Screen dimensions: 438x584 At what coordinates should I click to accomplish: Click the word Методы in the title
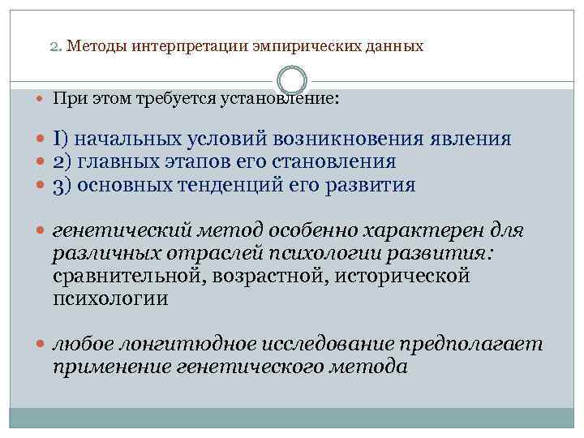coord(92,46)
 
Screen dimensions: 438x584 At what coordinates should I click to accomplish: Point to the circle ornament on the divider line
coord(292,80)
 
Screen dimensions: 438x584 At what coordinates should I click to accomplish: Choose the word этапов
coord(225,162)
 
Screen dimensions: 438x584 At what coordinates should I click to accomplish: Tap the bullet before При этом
coord(42,100)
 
